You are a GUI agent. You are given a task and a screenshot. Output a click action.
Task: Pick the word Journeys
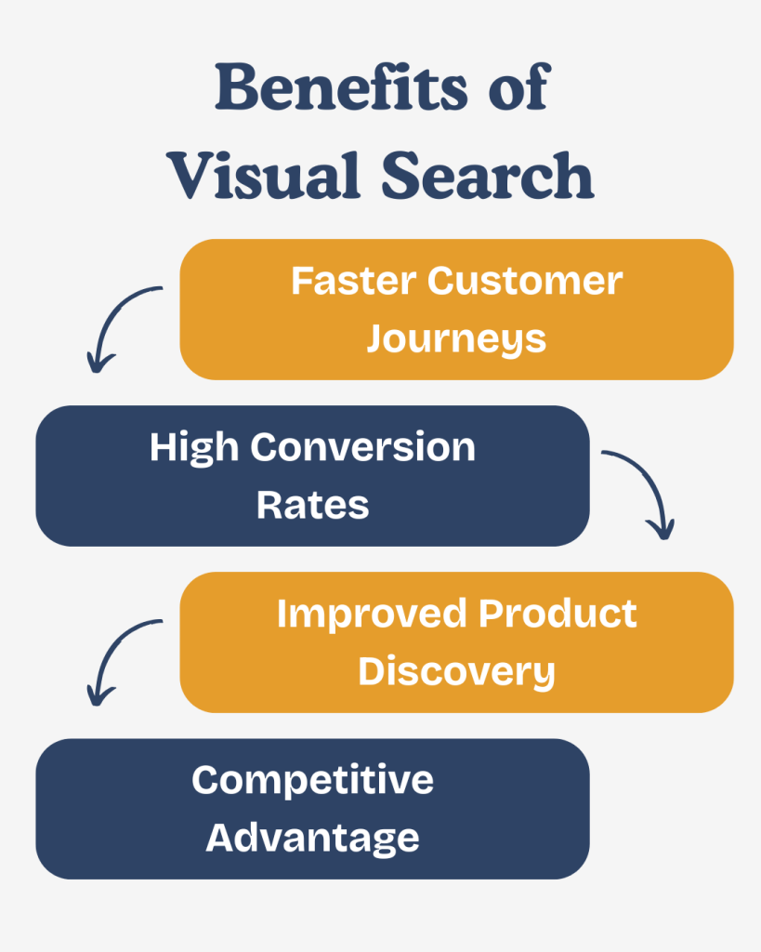point(456,339)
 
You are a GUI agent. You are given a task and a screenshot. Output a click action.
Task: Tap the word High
point(194,448)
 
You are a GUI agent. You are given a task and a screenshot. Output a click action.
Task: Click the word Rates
point(313,506)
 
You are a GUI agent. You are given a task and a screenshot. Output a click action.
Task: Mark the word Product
point(558,614)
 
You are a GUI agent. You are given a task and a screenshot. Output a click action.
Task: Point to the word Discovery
point(456,671)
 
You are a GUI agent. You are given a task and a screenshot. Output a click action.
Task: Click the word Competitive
point(313,780)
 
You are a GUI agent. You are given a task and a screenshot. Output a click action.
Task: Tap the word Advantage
point(313,839)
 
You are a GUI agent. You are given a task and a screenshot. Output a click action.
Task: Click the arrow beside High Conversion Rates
point(643,488)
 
